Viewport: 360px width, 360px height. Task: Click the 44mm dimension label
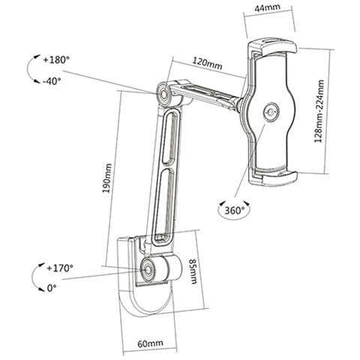click(x=267, y=7)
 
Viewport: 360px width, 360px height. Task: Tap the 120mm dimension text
click(x=207, y=63)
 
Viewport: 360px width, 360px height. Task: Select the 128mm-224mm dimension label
click(x=319, y=112)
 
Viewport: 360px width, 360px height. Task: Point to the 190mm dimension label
click(x=107, y=178)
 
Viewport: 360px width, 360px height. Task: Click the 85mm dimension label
click(x=193, y=271)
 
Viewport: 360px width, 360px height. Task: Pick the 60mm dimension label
click(x=150, y=343)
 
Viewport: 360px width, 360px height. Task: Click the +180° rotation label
click(x=56, y=60)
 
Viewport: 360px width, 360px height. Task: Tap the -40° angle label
click(x=52, y=81)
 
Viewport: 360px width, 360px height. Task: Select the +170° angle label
click(x=60, y=268)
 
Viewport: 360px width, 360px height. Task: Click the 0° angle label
click(x=52, y=288)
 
